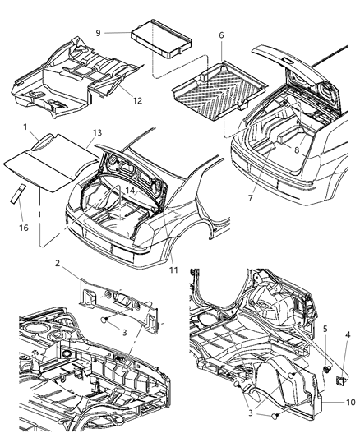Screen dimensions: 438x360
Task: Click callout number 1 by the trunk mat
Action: (26, 127)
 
